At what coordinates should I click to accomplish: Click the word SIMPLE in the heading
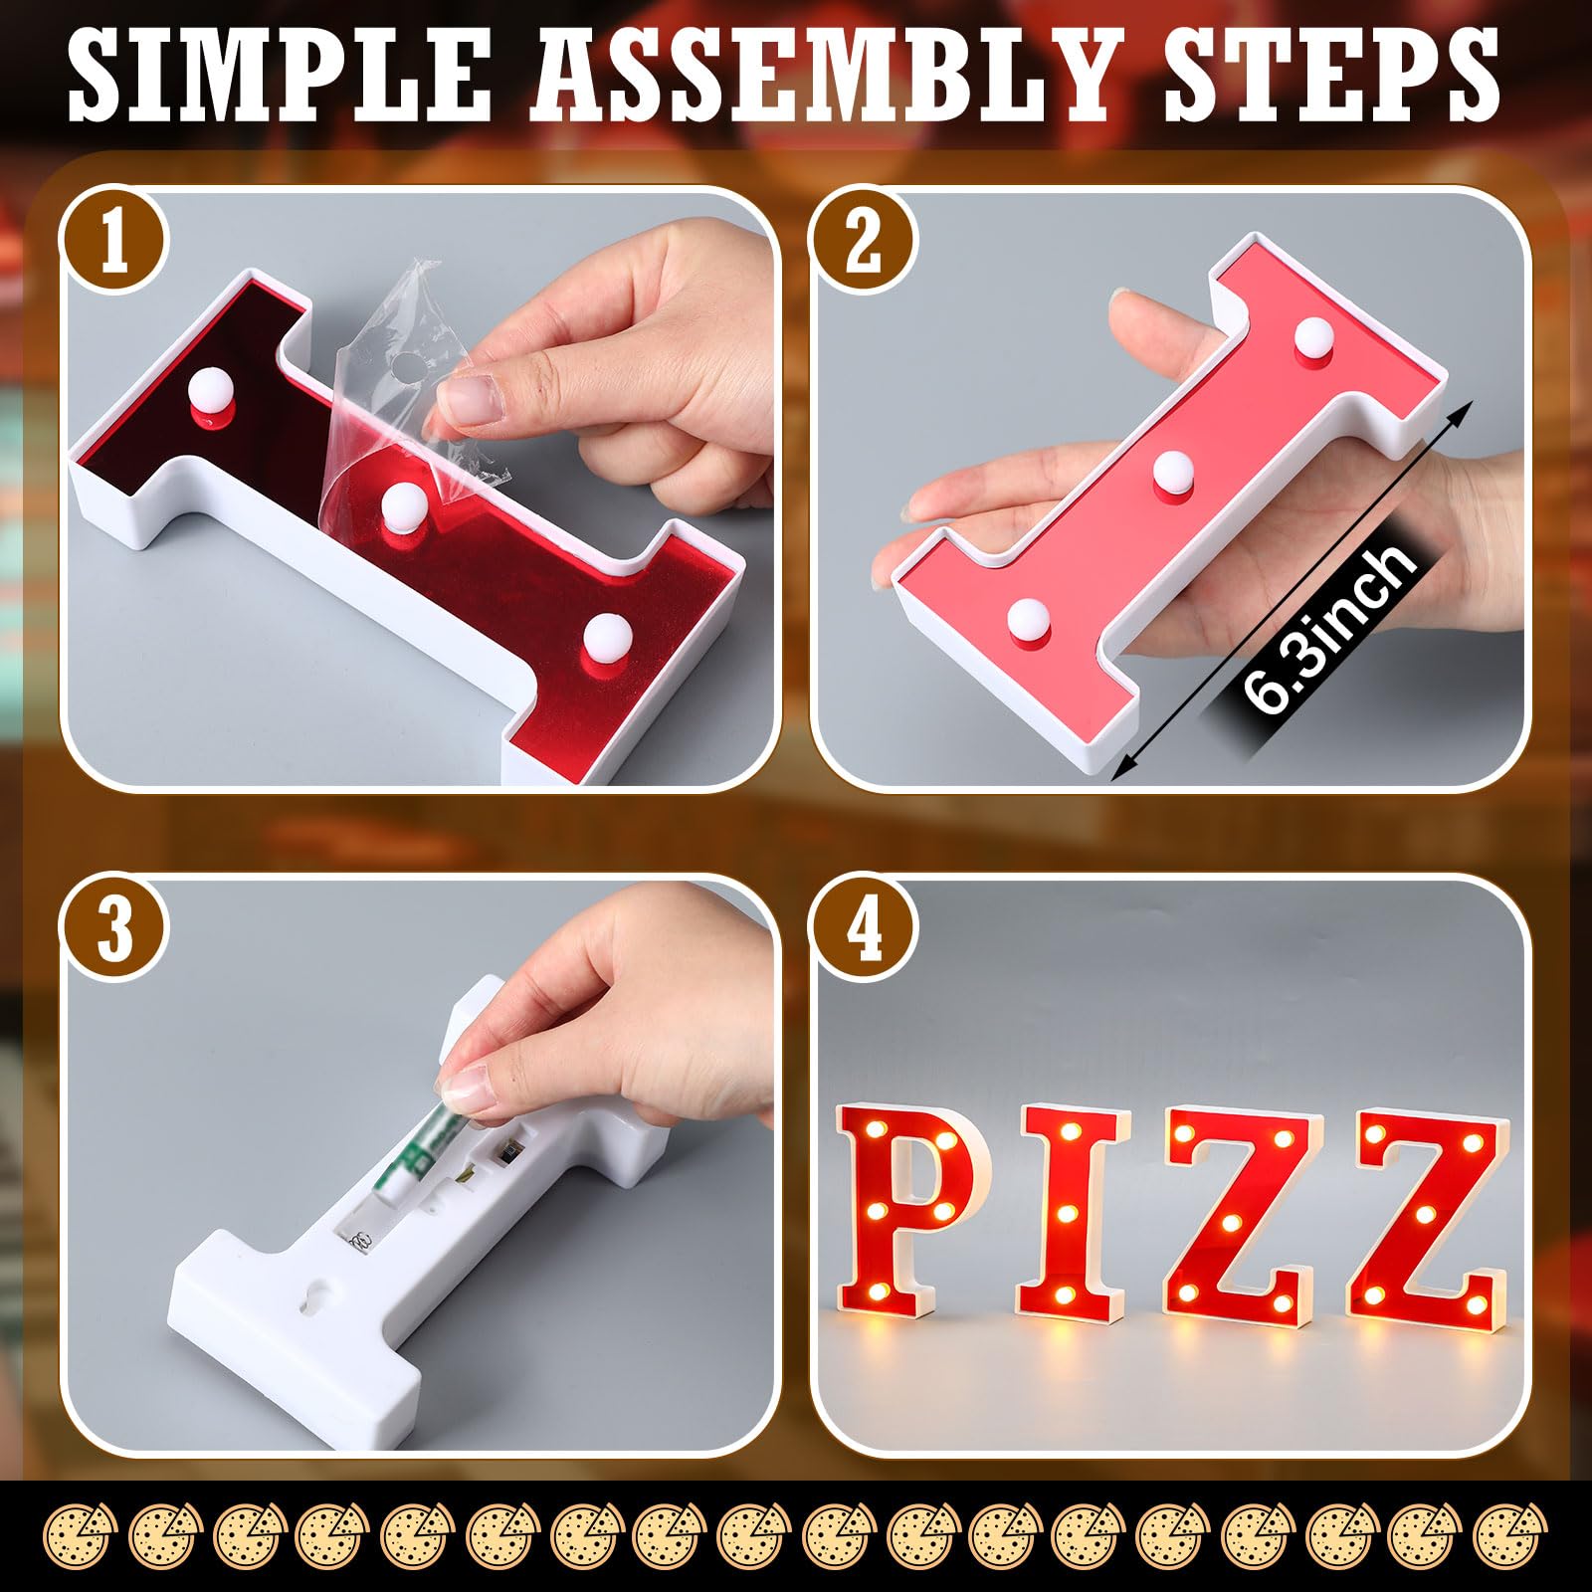pyautogui.click(x=280, y=76)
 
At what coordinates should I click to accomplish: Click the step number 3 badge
pyautogui.click(x=114, y=929)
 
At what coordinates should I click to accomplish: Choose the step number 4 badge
pyautogui.click(x=863, y=929)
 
